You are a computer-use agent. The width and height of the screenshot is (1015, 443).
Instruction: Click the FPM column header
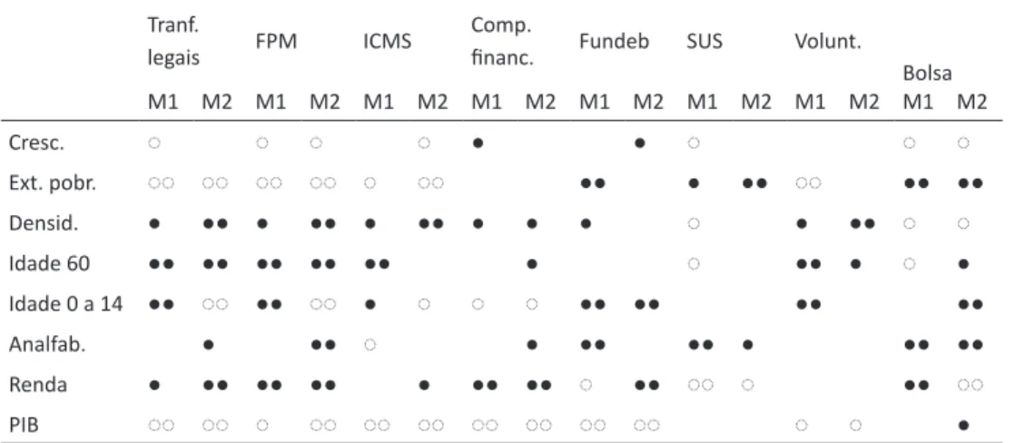pyautogui.click(x=276, y=43)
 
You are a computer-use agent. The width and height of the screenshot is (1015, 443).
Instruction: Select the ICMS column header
pyautogui.click(x=387, y=43)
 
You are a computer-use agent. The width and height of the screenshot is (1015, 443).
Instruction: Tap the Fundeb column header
pyautogui.click(x=615, y=43)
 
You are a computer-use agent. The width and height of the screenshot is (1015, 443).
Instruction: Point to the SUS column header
pyautogui.click(x=705, y=43)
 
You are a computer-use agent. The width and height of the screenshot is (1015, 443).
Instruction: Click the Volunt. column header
pyautogui.click(x=828, y=43)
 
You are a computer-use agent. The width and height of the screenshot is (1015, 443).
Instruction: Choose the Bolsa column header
pyautogui.click(x=928, y=74)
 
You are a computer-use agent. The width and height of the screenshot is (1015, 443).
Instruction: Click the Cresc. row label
pyautogui.click(x=37, y=143)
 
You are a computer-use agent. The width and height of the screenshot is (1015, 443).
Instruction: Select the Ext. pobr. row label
pyautogui.click(x=53, y=184)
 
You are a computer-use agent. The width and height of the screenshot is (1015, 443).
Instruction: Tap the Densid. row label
pyautogui.click(x=43, y=224)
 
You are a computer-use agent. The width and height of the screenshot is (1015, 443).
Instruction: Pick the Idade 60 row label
pyautogui.click(x=49, y=264)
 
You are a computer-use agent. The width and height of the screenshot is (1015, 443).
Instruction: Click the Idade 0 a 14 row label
pyautogui.click(x=65, y=304)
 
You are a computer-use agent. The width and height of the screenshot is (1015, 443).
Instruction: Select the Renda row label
pyautogui.click(x=37, y=386)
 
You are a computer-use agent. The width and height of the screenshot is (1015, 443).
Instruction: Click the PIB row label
pyautogui.click(x=24, y=426)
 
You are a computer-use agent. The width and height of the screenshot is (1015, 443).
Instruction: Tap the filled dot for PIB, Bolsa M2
pyautogui.click(x=963, y=426)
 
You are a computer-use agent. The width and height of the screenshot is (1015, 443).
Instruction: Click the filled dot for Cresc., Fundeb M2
pyautogui.click(x=639, y=143)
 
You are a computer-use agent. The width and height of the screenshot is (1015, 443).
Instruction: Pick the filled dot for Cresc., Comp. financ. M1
pyautogui.click(x=478, y=143)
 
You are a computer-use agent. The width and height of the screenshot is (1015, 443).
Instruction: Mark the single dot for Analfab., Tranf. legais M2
pyautogui.click(x=208, y=345)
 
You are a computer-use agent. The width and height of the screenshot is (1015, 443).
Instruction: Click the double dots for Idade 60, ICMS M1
pyautogui.click(x=377, y=264)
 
